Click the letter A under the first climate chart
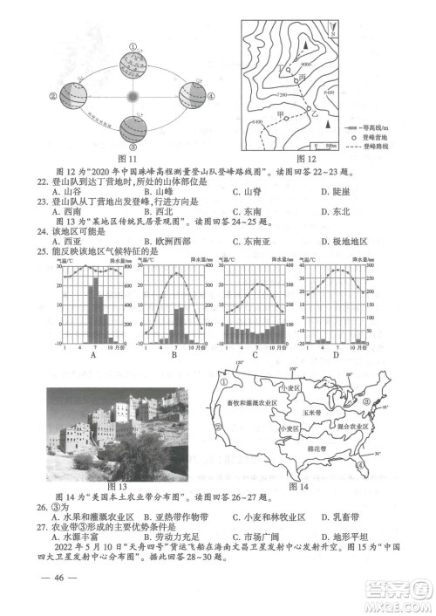92,355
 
